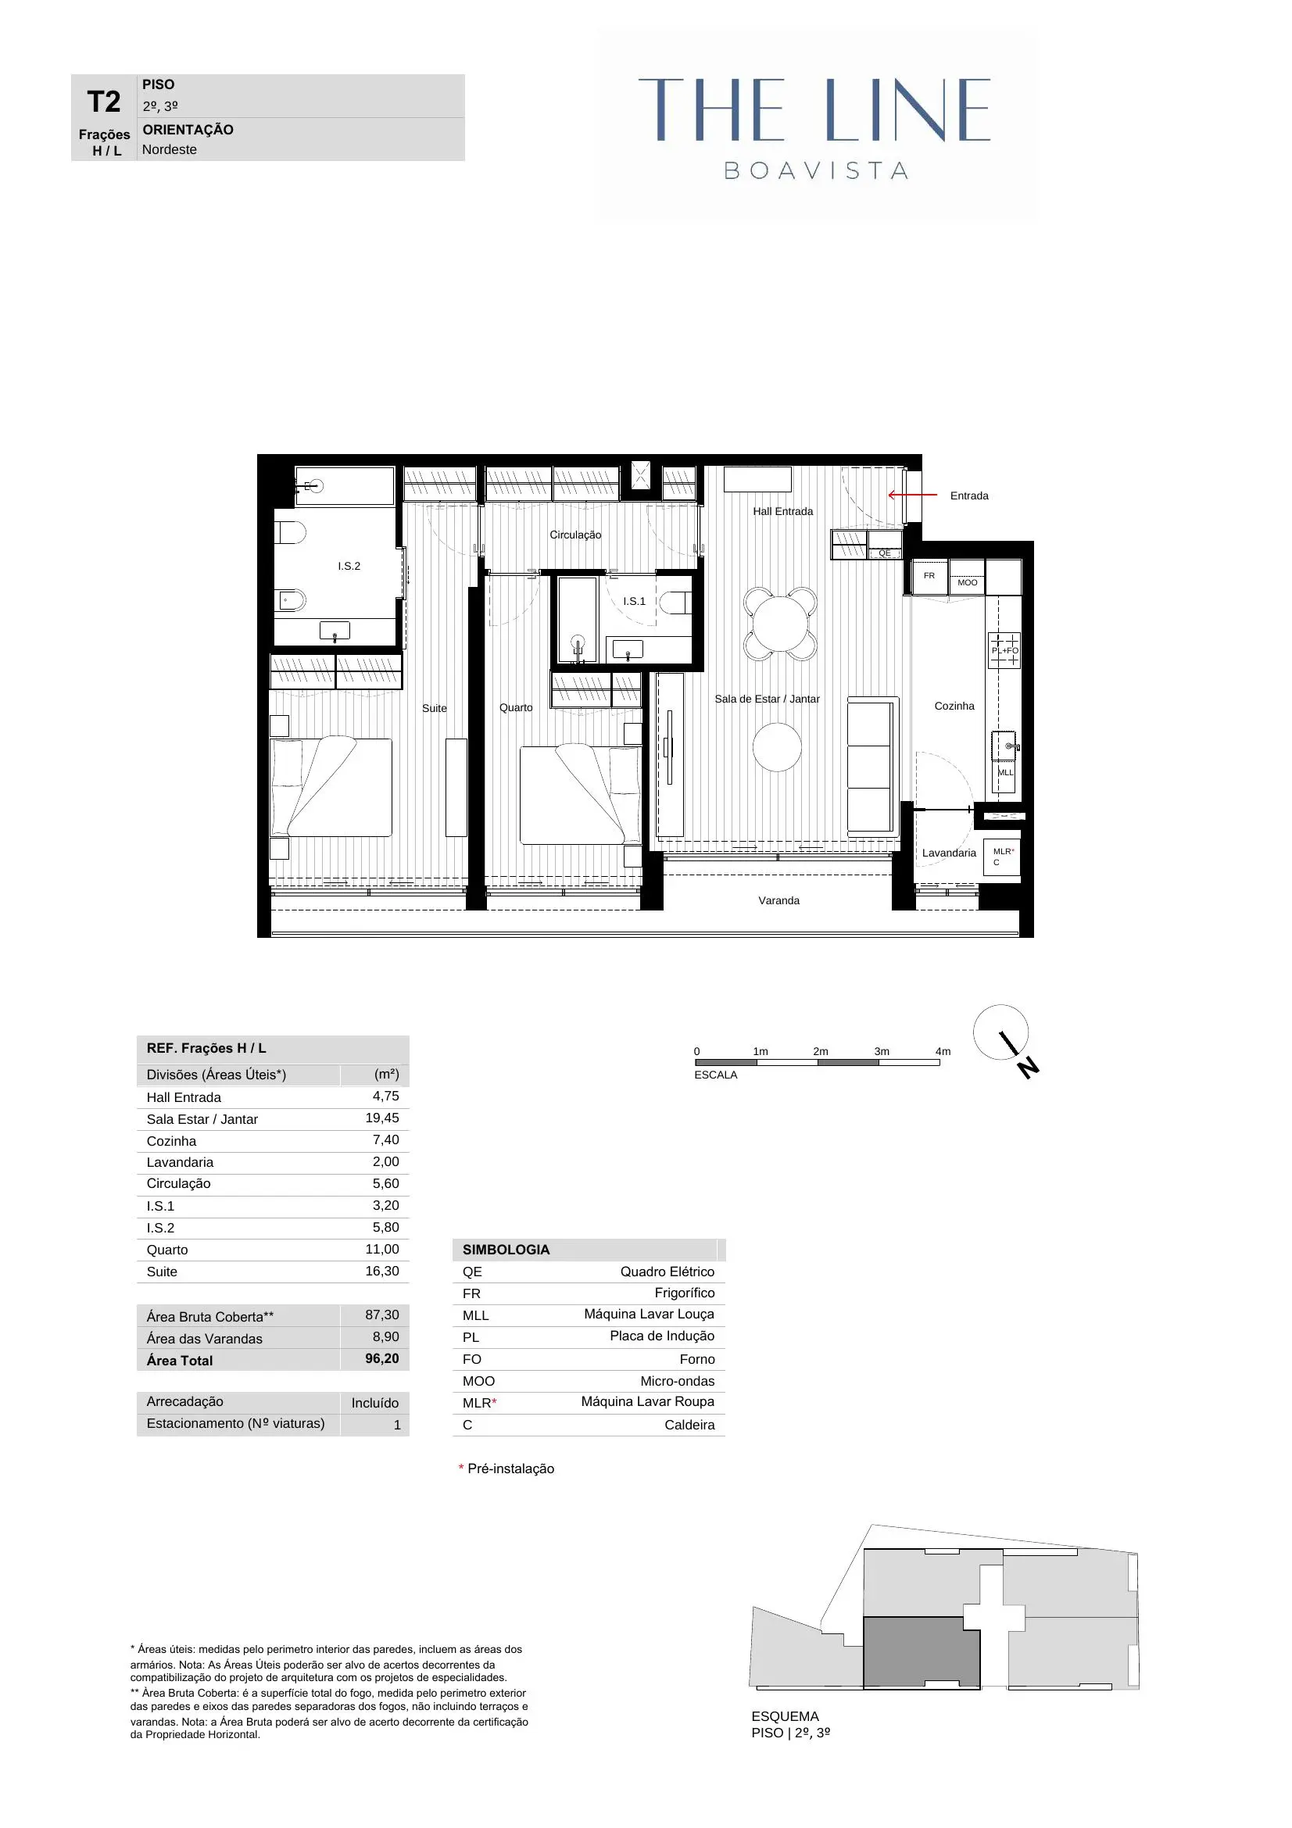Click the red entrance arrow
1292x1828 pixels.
[x=912, y=495]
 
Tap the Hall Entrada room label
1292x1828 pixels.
[x=782, y=511]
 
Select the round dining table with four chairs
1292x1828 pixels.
[x=780, y=624]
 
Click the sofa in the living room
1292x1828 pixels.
[x=871, y=766]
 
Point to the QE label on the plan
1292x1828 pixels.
[x=885, y=553]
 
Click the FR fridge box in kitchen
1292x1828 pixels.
[x=929, y=576]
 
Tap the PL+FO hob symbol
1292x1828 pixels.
[x=1004, y=649]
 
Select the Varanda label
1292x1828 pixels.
[x=778, y=900]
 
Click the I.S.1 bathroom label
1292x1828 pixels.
[x=635, y=601]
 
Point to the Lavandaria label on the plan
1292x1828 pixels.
[x=948, y=853]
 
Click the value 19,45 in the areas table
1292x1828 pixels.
[x=382, y=1118]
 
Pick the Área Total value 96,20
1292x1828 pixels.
[x=382, y=1358]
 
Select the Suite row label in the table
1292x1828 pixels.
[x=162, y=1272]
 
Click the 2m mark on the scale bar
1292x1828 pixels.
[x=820, y=1051]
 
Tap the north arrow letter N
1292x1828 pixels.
[x=1029, y=1068]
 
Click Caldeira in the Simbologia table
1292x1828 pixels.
[x=689, y=1425]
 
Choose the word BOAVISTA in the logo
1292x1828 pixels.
[x=816, y=170]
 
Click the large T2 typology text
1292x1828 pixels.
[x=103, y=102]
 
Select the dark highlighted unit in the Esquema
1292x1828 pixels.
[x=920, y=1653]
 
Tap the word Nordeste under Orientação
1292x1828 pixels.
[x=169, y=150]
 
